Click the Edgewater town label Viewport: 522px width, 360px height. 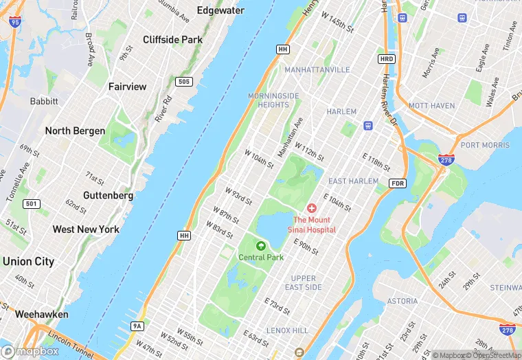click(220, 10)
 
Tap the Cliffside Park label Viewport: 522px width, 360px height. click(172, 40)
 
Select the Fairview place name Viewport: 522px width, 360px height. click(127, 87)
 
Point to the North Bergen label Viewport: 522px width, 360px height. click(75, 131)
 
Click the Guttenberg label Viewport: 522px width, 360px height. click(108, 195)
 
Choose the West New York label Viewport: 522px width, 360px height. click(86, 229)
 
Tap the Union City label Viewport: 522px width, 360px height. click(28, 261)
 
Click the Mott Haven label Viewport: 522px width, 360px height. click(431, 106)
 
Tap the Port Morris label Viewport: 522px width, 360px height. click(485, 145)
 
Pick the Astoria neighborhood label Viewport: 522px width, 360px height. click(402, 301)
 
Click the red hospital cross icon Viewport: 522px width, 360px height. click(312, 207)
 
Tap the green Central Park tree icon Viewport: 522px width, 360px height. click(261, 246)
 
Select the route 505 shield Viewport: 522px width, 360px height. click(183, 82)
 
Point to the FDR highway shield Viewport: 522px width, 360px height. click(397, 183)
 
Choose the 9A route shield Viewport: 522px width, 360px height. click(137, 326)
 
